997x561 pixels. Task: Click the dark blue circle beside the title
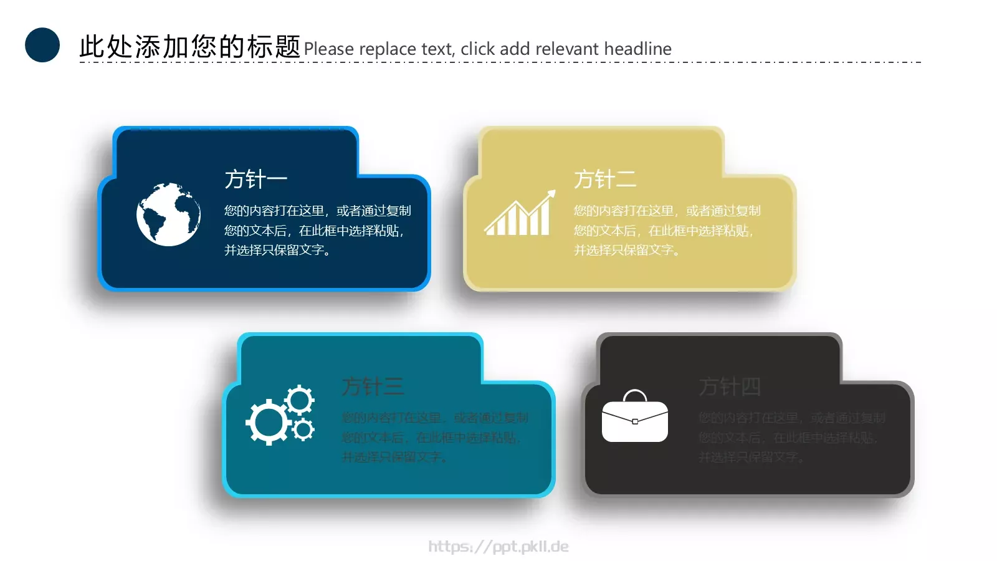42,45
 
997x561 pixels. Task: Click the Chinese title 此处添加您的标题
189,47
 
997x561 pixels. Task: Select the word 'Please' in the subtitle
328,49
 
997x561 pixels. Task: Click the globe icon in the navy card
168,214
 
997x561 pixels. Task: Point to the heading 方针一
255,180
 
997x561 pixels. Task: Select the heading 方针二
605,180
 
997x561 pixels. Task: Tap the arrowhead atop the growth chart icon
551,194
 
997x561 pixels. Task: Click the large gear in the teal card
268,422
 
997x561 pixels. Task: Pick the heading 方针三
373,386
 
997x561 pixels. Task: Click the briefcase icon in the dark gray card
634,420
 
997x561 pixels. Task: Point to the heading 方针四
730,386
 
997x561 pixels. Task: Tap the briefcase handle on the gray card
635,395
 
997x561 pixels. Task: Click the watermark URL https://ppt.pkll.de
499,547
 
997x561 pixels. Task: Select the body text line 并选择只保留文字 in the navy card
277,250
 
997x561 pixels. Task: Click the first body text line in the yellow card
667,211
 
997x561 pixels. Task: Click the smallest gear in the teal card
303,429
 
